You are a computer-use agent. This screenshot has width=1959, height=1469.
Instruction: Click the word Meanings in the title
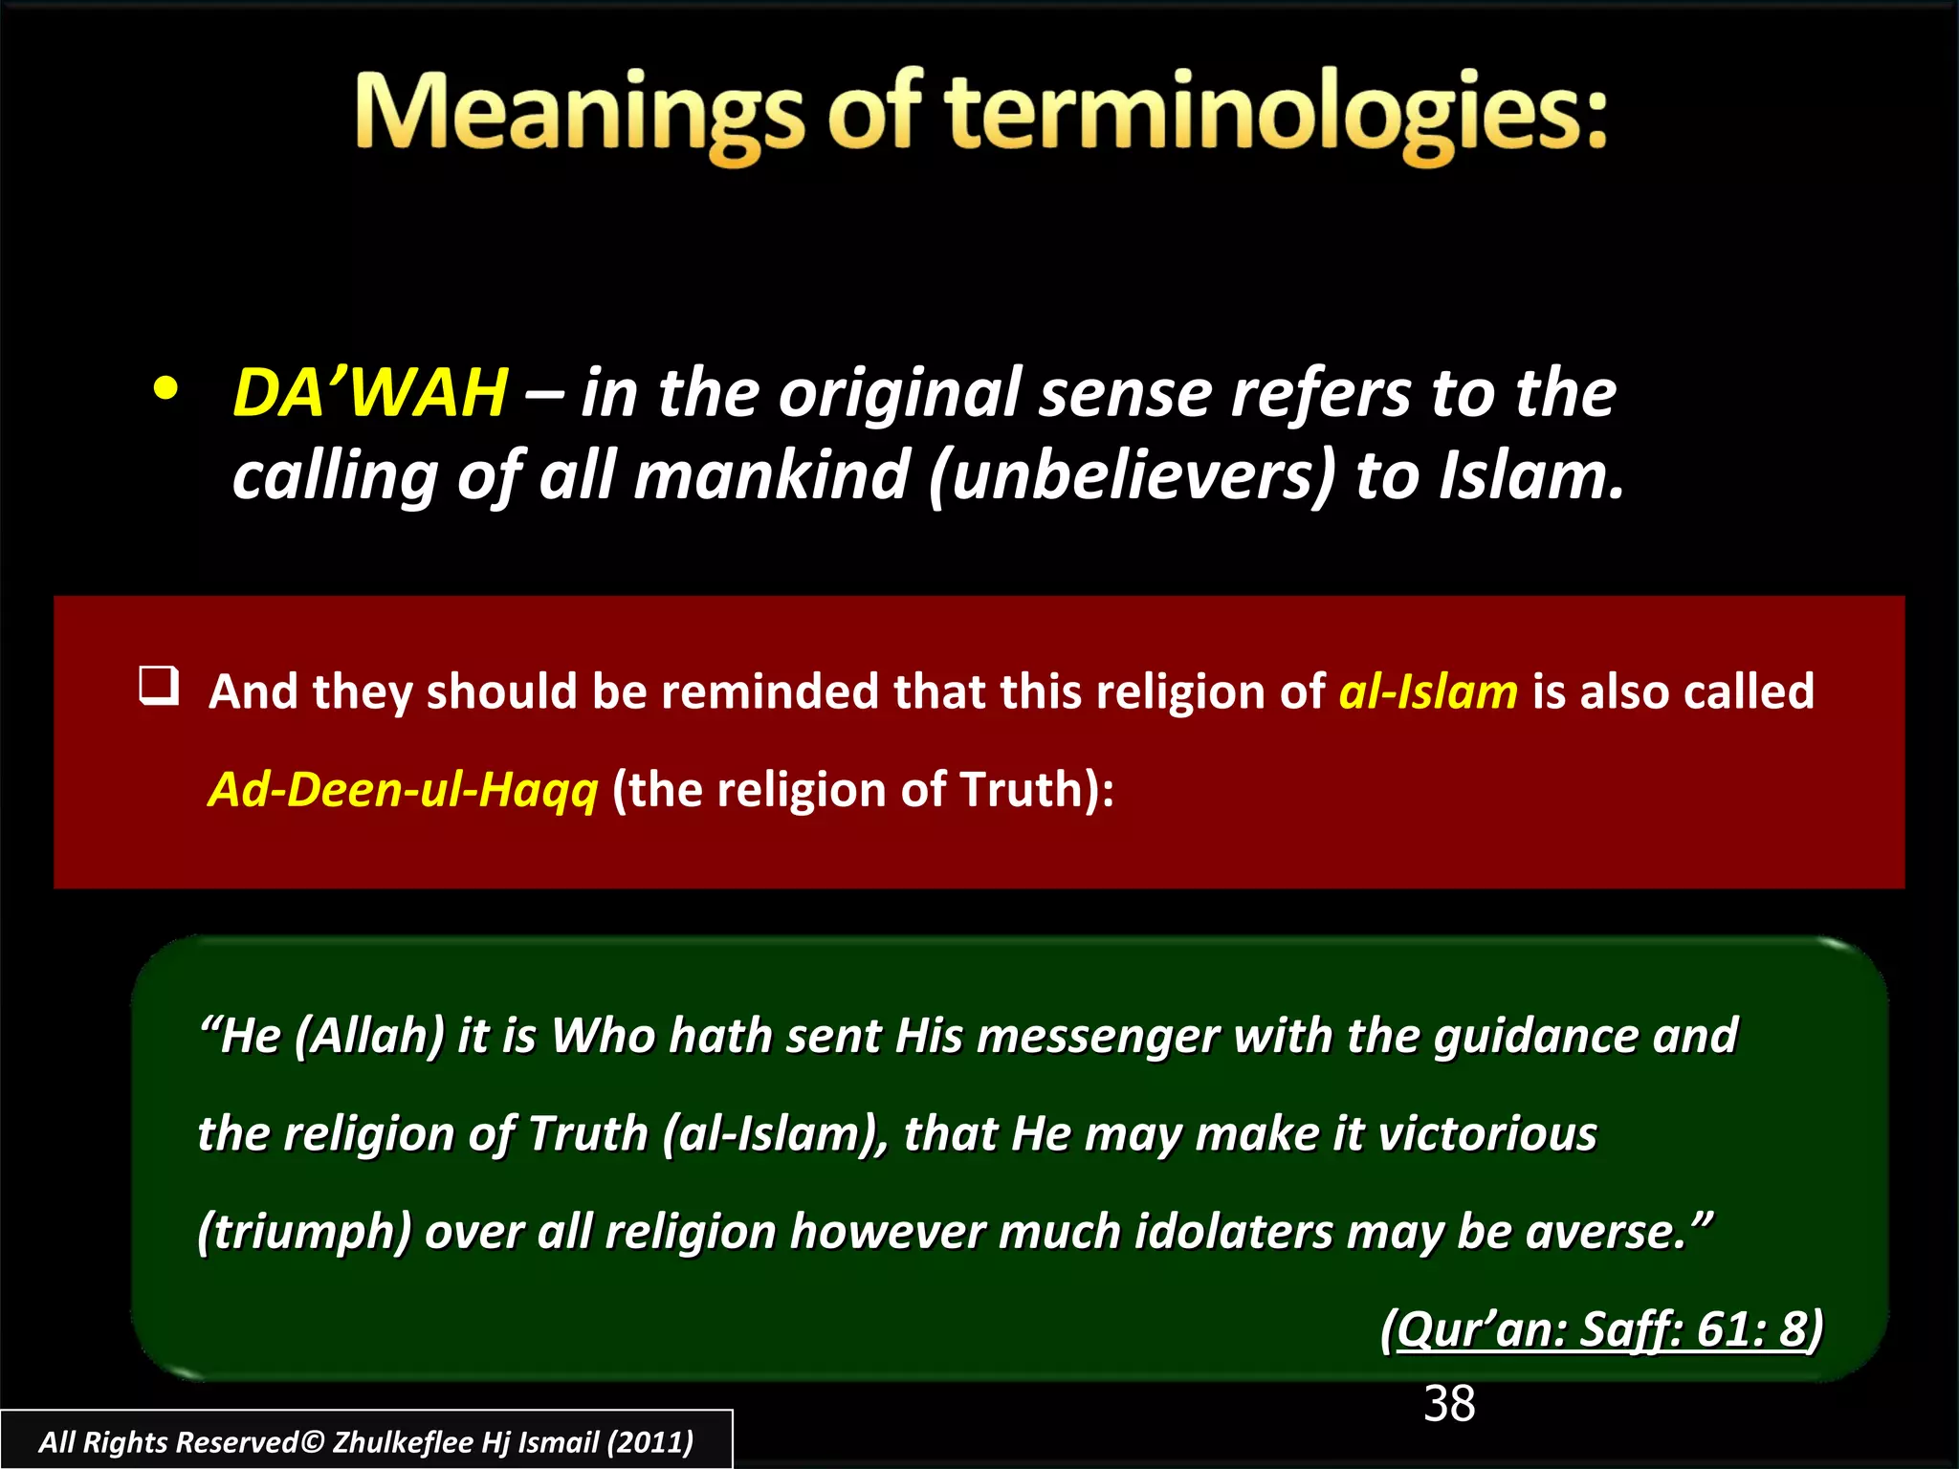579,115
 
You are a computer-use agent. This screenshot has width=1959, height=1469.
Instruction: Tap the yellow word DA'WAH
370,393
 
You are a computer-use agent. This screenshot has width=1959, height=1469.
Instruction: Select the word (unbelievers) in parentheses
1131,476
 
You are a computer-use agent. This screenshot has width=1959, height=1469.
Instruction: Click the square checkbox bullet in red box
158,687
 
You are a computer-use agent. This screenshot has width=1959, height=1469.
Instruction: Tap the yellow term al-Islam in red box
1427,691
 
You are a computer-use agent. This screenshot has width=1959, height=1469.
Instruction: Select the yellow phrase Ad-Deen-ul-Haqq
403,790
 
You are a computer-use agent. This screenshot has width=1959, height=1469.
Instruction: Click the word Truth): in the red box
1037,790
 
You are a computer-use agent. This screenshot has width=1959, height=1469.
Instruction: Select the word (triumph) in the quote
304,1232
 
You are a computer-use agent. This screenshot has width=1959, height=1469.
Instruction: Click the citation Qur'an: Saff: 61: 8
1602,1329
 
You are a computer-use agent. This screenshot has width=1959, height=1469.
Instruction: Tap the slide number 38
1449,1405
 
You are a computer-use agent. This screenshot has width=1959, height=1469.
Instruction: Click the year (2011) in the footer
650,1442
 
